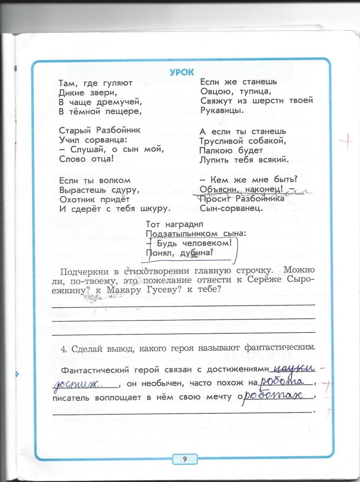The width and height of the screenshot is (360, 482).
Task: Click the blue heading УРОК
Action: coord(182,72)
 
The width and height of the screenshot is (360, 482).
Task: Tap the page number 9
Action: coord(185,459)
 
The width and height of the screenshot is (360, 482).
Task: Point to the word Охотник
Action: coord(77,199)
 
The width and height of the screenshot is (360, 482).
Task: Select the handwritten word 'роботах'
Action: coord(276,396)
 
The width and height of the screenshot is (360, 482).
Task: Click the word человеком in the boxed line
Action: coord(210,243)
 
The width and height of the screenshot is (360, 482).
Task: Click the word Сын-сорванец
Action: coord(231,208)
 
